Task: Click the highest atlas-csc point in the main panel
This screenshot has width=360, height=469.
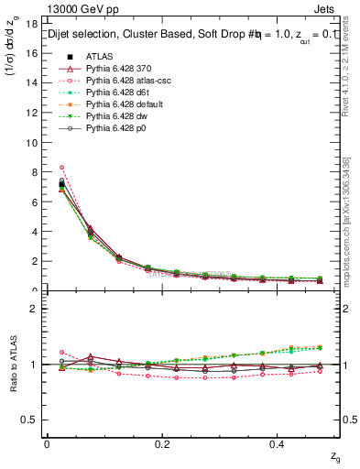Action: click(61, 168)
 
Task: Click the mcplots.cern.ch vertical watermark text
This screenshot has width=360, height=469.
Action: click(353, 211)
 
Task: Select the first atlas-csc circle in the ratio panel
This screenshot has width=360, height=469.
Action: click(61, 352)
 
